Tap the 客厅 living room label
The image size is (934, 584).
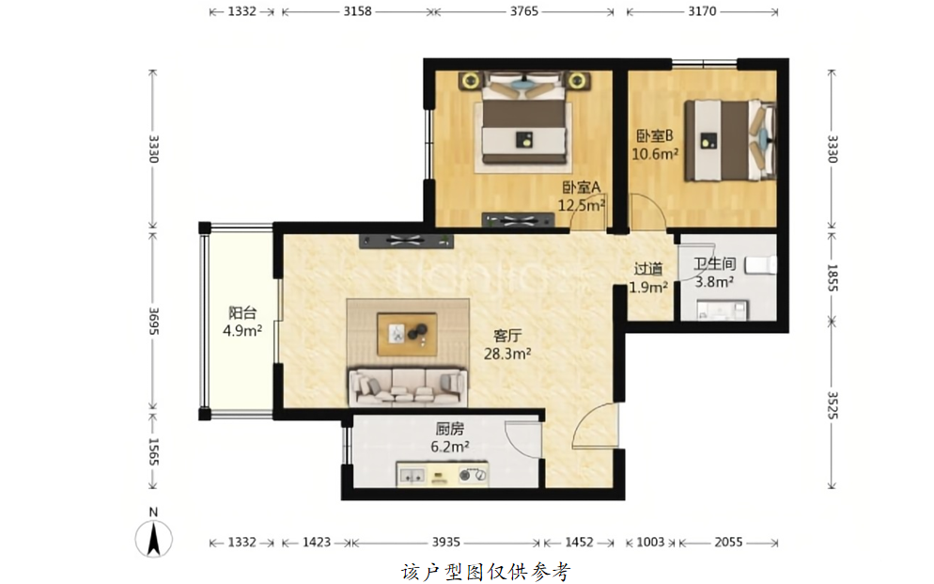[506, 336]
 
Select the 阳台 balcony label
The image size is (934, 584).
[242, 312]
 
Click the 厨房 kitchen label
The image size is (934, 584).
[450, 429]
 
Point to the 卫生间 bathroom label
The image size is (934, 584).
[715, 263]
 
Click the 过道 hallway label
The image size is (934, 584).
[648, 269]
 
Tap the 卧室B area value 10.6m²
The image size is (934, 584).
[655, 154]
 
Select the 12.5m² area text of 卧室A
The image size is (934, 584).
[582, 206]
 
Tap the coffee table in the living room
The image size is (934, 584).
[407, 334]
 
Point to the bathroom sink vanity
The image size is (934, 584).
[722, 310]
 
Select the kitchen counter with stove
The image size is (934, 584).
[442, 474]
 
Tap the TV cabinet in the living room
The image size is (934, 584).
[406, 241]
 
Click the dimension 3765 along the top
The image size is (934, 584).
[523, 11]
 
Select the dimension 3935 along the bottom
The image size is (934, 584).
[445, 543]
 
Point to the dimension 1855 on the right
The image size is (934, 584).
[833, 277]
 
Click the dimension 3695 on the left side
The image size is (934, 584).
[153, 322]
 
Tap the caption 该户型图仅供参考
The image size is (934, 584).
[486, 572]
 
